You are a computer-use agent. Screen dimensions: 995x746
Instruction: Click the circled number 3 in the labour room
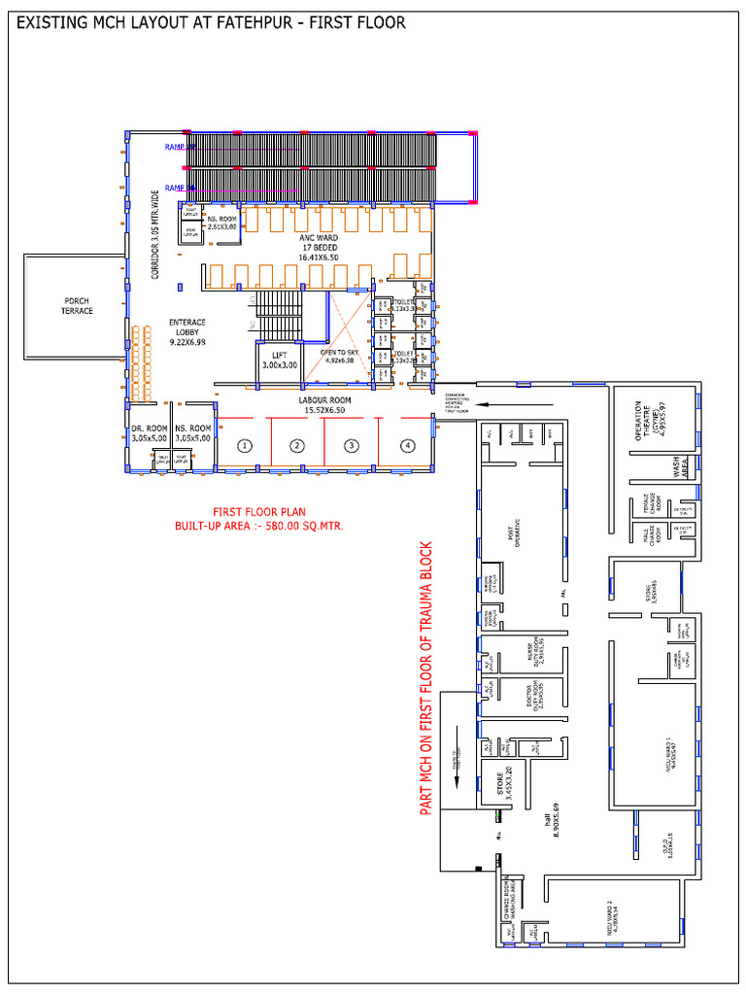click(352, 446)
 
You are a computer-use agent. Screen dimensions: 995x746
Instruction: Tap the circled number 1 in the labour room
click(245, 446)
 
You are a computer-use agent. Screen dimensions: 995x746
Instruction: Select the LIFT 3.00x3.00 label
click(279, 360)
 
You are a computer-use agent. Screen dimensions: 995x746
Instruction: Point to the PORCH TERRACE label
click(73, 305)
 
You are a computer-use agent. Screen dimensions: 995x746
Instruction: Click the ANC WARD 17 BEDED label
click(319, 247)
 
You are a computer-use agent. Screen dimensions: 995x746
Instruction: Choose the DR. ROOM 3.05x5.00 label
click(149, 432)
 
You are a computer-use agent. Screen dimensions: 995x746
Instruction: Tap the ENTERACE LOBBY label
click(186, 331)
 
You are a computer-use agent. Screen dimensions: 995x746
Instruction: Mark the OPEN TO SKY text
click(340, 356)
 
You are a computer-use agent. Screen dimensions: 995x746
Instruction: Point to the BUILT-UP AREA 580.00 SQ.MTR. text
click(259, 526)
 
